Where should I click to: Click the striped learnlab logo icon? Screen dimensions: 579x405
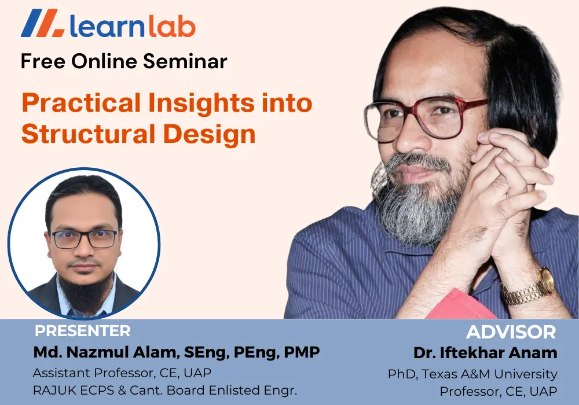[43, 23]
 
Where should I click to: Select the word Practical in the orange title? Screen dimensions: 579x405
[81, 102]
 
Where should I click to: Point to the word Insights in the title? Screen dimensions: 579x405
[201, 104]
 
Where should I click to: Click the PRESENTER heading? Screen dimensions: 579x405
[82, 331]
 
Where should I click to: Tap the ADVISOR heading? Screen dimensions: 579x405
[511, 332]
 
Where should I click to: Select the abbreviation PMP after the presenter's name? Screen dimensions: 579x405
[302, 352]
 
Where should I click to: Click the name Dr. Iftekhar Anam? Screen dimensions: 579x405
[485, 353]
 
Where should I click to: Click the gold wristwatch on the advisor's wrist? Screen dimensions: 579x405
[530, 288]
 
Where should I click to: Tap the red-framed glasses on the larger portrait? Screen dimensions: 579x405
[424, 118]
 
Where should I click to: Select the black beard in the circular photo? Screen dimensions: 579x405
[85, 292]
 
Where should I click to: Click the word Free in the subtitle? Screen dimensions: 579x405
[43, 61]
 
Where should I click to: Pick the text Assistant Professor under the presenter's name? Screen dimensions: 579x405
[93, 373]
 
